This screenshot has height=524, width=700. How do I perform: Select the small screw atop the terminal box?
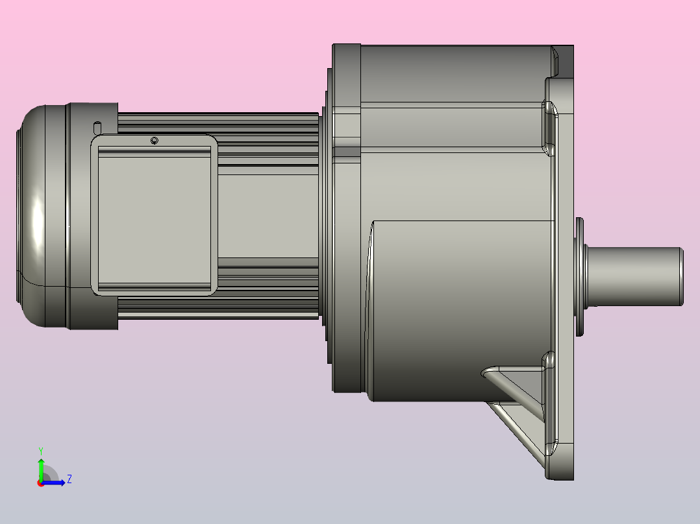click(154, 141)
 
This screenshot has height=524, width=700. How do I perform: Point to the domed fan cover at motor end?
click(39, 214)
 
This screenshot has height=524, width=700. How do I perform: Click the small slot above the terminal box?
click(97, 125)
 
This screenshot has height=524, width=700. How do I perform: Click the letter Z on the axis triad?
click(69, 479)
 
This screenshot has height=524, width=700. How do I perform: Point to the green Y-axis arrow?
click(41, 467)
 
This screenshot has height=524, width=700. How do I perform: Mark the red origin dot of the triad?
click(41, 483)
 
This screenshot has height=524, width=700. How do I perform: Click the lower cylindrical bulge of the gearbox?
click(455, 305)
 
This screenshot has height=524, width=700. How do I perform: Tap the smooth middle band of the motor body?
click(266, 214)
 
